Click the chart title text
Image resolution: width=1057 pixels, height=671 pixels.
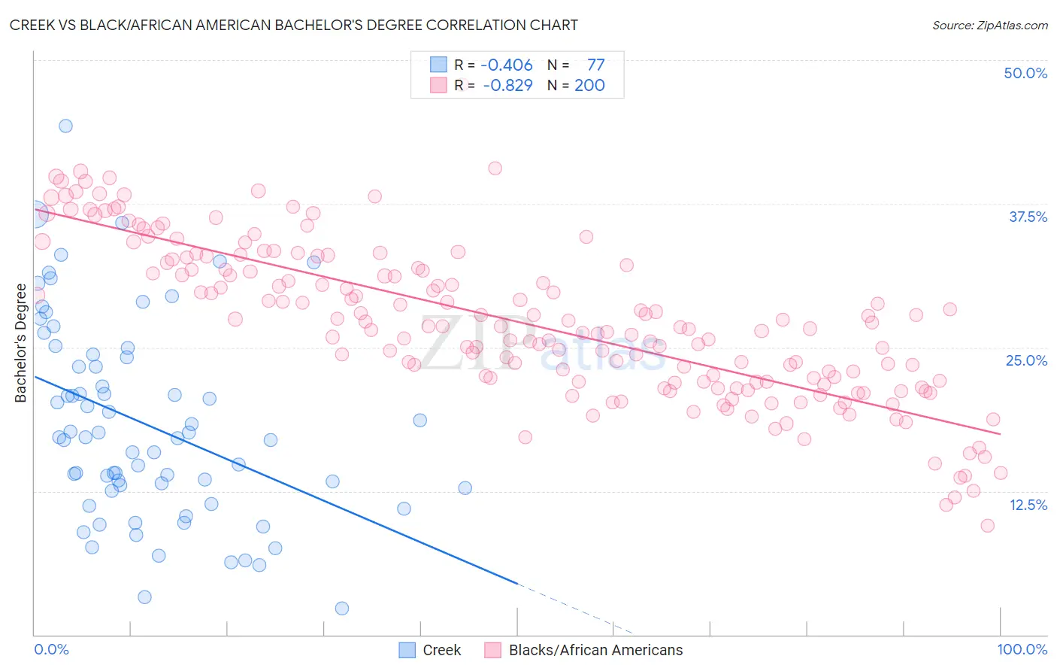pyautogui.click(x=294, y=25)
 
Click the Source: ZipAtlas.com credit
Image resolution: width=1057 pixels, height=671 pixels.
pyautogui.click(x=989, y=25)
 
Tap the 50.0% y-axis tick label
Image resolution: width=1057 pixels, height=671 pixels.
pyautogui.click(x=1025, y=73)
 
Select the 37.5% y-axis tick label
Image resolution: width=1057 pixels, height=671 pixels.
pyautogui.click(x=1028, y=217)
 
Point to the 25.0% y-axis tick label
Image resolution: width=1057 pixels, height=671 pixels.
pyautogui.click(x=1026, y=360)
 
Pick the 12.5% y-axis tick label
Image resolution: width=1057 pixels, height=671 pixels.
pyautogui.click(x=1028, y=505)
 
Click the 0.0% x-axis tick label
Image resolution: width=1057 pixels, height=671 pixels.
pyautogui.click(x=51, y=649)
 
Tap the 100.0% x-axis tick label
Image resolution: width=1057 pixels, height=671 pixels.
pyautogui.click(x=1022, y=649)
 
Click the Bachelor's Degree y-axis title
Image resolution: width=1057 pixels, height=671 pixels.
pyautogui.click(x=20, y=343)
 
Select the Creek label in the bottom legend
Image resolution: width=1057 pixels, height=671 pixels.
pyautogui.click(x=441, y=650)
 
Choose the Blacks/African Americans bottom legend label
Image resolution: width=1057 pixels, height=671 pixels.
pyautogui.click(x=595, y=650)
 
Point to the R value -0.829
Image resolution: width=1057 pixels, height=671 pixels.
pyautogui.click(x=507, y=85)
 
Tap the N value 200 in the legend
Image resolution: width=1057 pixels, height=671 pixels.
pyautogui.click(x=589, y=85)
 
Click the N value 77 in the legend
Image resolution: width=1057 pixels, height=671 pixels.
pyautogui.click(x=595, y=65)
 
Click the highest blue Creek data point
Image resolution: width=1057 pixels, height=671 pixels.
pyautogui.click(x=65, y=126)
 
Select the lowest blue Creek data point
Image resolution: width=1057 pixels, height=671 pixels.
pyautogui.click(x=341, y=608)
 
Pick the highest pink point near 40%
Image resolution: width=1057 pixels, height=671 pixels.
pyautogui.click(x=495, y=168)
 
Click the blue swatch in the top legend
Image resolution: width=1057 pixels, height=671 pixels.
pyautogui.click(x=438, y=65)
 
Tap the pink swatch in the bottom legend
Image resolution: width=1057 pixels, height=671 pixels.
pyautogui.click(x=492, y=650)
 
